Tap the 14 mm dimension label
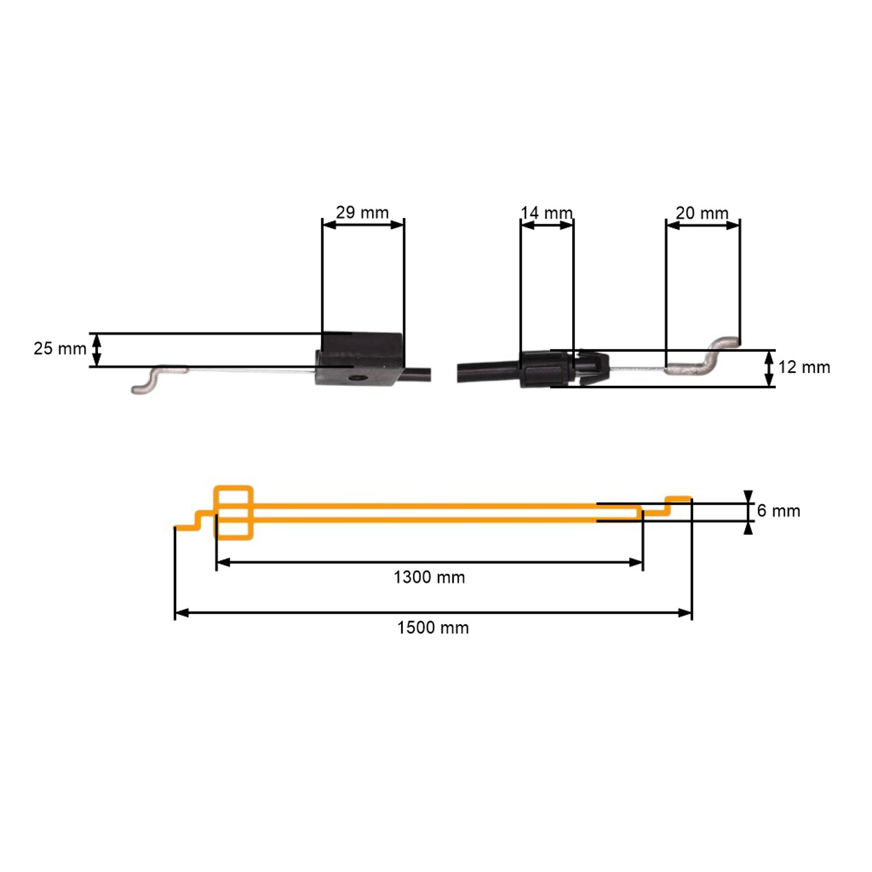pyautogui.click(x=546, y=212)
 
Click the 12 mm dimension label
pyautogui.click(x=804, y=367)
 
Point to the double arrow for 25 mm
pyautogui.click(x=97, y=350)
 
